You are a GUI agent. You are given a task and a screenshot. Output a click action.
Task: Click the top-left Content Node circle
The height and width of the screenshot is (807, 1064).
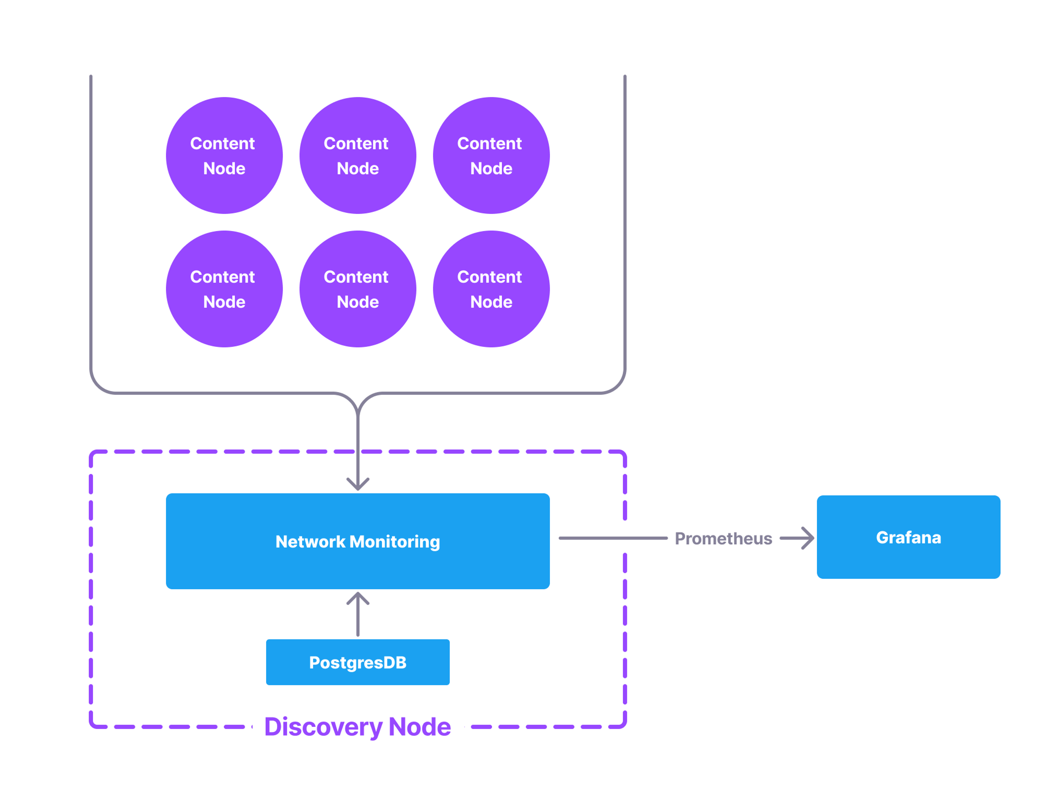pyautogui.click(x=224, y=155)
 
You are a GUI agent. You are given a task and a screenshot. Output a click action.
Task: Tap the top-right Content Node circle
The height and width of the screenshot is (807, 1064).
pyautogui.click(x=491, y=155)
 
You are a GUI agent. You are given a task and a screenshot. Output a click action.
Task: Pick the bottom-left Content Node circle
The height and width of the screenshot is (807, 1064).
pyautogui.click(x=224, y=289)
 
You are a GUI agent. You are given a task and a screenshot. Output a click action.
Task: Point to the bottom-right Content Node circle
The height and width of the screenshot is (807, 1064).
pyautogui.click(x=491, y=289)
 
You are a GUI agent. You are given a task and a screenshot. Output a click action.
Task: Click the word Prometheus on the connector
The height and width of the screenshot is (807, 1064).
pyautogui.click(x=723, y=538)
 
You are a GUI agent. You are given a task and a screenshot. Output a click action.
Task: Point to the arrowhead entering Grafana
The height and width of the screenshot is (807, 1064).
pyautogui.click(x=808, y=538)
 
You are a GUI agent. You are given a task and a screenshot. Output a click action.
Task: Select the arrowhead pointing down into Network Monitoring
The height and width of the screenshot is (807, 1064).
pyautogui.click(x=358, y=484)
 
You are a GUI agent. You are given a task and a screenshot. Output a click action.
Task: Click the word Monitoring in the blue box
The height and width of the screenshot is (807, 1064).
pyautogui.click(x=395, y=542)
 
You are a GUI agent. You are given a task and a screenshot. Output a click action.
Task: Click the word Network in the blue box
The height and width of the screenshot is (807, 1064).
pyautogui.click(x=310, y=542)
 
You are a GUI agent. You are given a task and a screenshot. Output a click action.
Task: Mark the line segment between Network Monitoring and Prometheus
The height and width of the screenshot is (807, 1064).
pyautogui.click(x=612, y=538)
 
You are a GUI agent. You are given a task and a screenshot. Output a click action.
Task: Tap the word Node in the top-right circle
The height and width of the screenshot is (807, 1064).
pyautogui.click(x=491, y=168)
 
